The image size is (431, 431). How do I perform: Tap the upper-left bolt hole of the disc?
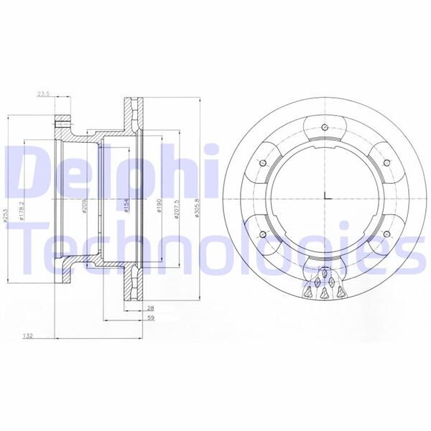tap(261, 162)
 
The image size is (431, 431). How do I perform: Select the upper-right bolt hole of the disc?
tap(391, 162)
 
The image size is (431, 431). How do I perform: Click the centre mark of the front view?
tap(326, 198)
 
